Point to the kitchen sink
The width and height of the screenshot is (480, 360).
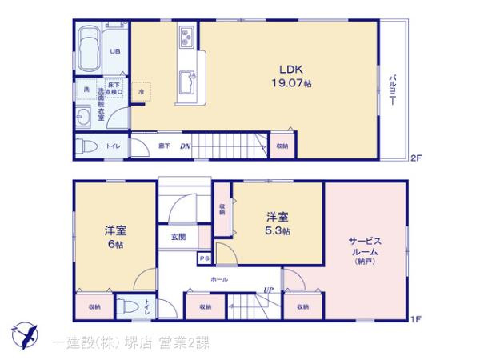188,80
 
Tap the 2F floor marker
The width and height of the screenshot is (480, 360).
416,158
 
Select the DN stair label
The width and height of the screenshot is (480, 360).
185,146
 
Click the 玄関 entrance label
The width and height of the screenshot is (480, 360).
178,237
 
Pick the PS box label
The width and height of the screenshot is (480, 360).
205,258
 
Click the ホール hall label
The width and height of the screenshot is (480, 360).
219,279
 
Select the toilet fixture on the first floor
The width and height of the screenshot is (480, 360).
126,306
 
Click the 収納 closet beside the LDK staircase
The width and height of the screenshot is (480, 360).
282,146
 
